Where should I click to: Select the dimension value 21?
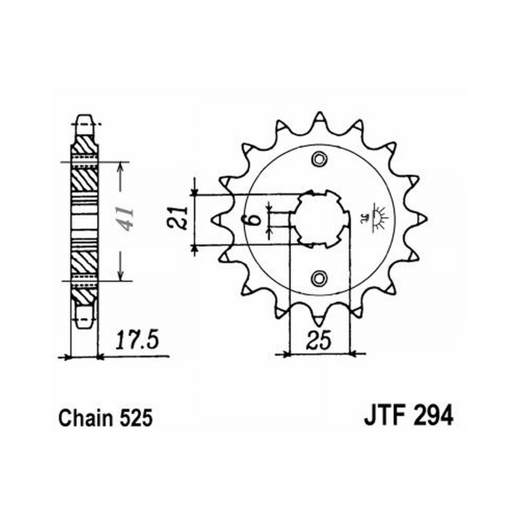point(177,218)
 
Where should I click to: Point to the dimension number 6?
point(254,219)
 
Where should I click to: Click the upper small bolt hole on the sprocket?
point(319,159)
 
